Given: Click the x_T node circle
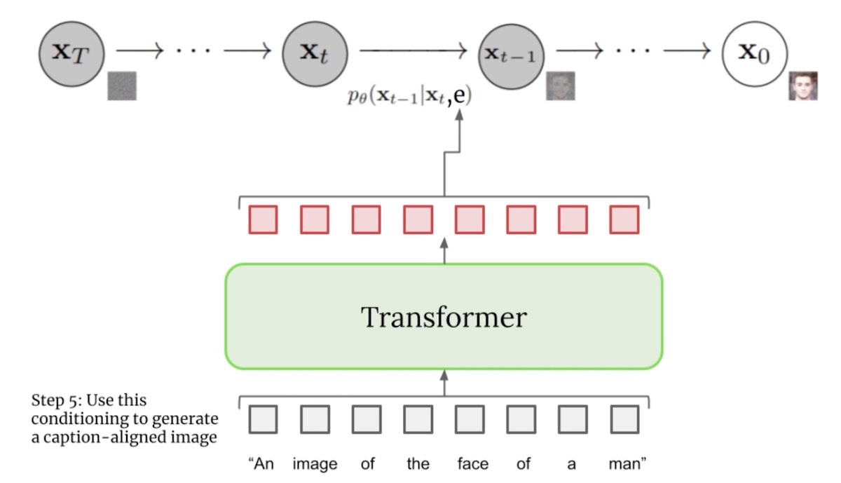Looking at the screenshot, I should (71, 53).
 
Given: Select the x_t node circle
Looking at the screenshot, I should (315, 53).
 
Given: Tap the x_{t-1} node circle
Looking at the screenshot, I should (510, 54).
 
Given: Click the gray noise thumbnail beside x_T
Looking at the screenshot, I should (122, 86).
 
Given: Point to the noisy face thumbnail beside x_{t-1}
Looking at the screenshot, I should (561, 86).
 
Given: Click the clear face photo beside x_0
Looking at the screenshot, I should (803, 86).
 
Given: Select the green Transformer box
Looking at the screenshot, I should (443, 317).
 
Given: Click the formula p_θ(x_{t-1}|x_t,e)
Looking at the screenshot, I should (409, 97).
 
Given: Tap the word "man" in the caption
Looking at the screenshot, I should (627, 464).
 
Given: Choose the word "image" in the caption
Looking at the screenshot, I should (315, 464).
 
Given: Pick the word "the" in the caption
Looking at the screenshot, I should (418, 464).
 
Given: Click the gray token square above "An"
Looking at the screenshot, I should (263, 419).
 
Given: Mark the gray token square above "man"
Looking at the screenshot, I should (624, 419).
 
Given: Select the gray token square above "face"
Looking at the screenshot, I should (469, 419).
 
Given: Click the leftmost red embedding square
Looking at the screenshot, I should (263, 219).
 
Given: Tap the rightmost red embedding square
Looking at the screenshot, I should (624, 219).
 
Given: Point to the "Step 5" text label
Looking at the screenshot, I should (125, 419).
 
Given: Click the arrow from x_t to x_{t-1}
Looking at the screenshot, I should (413, 50).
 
